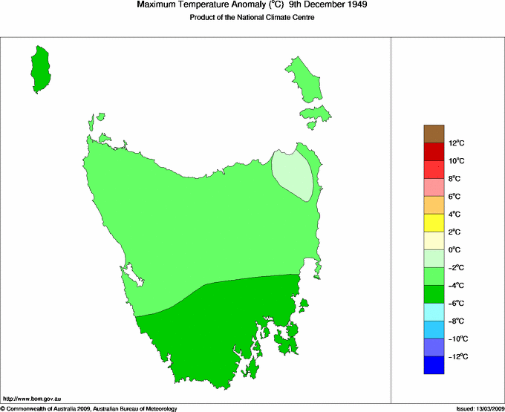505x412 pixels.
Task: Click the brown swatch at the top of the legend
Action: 434,134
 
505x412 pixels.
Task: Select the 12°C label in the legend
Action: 456,143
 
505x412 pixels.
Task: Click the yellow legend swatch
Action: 434,223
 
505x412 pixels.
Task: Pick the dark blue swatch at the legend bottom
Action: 434,365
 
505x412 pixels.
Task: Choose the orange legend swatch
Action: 434,205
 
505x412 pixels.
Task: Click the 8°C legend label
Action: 456,179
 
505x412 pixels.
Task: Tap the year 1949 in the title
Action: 353,4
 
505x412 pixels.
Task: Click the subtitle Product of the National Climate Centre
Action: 252,17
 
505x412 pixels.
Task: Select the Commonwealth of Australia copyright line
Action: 89,408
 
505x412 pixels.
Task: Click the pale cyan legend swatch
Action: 434,312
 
